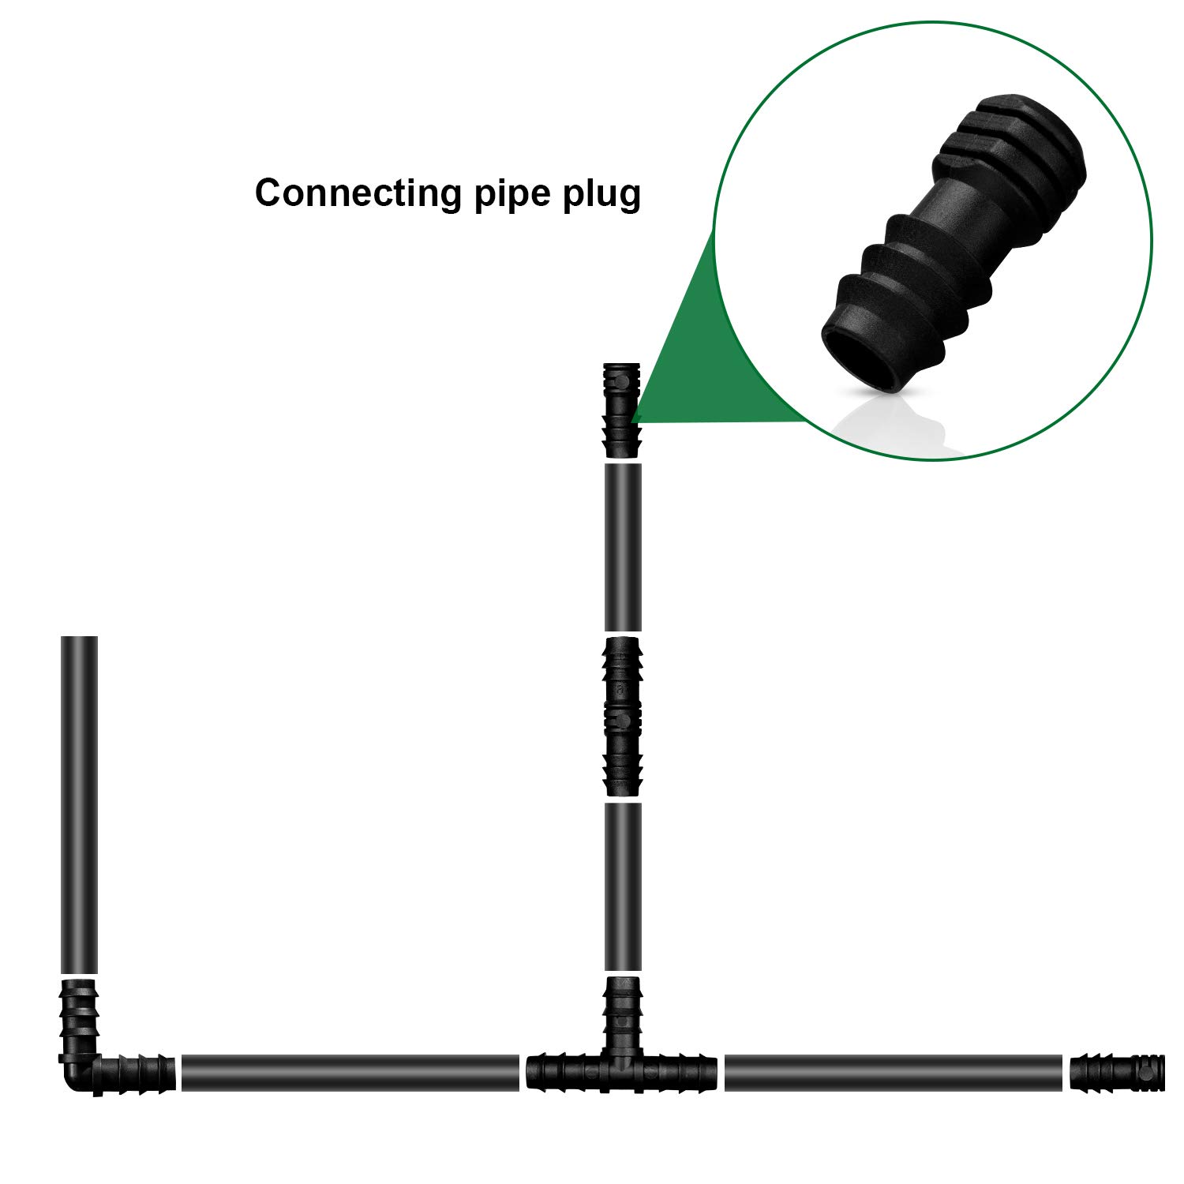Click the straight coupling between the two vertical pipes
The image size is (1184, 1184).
623,716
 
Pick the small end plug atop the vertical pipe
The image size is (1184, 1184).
622,410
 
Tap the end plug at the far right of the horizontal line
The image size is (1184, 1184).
1117,1072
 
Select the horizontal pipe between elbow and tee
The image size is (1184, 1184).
350,1073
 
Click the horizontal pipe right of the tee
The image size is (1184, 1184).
893,1073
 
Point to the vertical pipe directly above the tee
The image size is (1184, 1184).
623,886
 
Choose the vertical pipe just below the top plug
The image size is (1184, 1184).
623,547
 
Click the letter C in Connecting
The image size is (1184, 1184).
270,193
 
